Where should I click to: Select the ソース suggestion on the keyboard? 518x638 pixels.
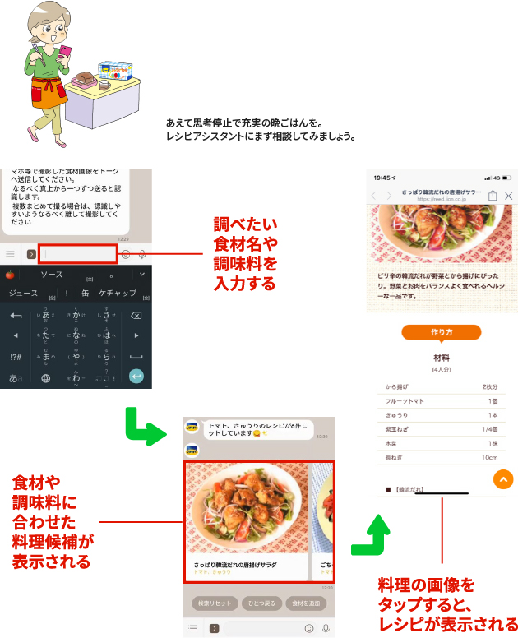coord(52,274)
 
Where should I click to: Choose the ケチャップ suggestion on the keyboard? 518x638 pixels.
coord(117,294)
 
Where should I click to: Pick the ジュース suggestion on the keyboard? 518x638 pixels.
coord(22,294)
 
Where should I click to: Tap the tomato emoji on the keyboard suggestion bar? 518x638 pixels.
coord(10,274)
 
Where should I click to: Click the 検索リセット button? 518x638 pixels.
coord(214,603)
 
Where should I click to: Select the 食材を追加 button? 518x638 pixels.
coord(304,603)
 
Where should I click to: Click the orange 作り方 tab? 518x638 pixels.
coord(442,332)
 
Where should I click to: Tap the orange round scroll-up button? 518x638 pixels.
coord(502,480)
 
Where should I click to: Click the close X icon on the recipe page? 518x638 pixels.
coord(509,196)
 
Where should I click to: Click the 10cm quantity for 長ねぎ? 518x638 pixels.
coord(490,456)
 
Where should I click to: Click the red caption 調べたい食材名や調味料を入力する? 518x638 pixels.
coord(244,254)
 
